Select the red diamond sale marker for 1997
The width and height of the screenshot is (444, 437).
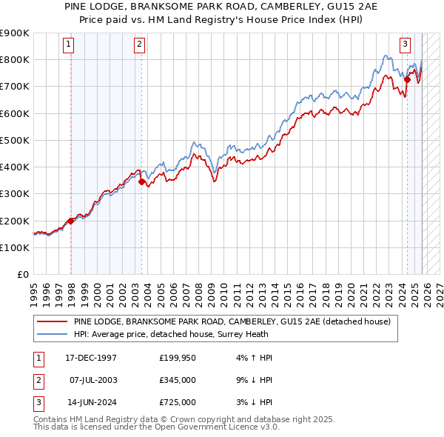click(x=71, y=221)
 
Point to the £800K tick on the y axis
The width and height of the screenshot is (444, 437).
click(x=15, y=59)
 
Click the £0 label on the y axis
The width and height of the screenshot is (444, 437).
click(x=22, y=275)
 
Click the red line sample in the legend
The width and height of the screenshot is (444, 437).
click(x=53, y=322)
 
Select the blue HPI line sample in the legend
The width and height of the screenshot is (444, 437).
click(x=53, y=335)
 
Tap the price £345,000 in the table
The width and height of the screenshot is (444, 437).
click(x=178, y=380)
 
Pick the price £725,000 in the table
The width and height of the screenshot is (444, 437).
click(x=178, y=402)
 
